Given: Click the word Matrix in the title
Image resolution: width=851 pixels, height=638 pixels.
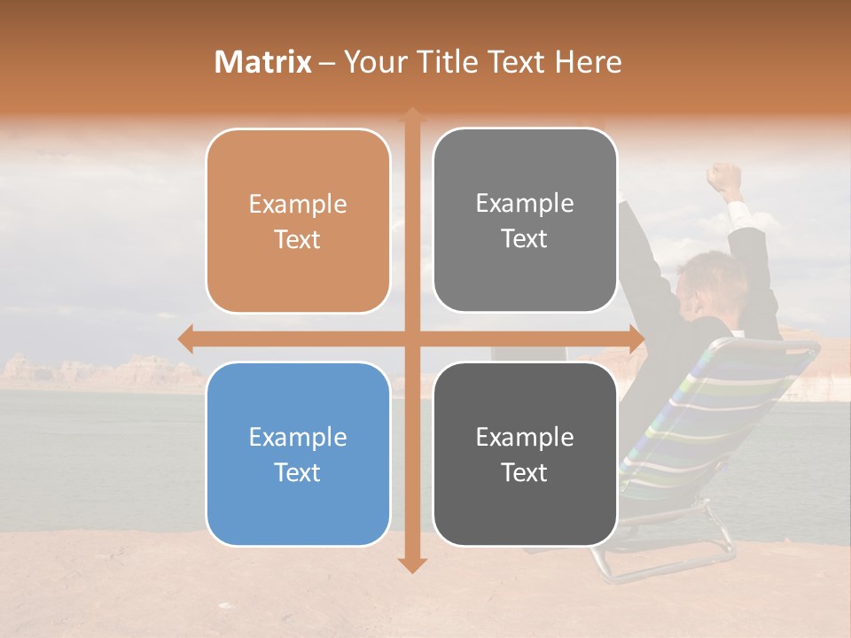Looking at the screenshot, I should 263,62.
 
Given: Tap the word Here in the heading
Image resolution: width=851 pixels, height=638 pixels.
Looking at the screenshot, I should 588,62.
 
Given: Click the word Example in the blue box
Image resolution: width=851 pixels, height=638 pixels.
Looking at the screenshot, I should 298,438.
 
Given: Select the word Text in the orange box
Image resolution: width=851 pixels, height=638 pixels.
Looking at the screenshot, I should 298,240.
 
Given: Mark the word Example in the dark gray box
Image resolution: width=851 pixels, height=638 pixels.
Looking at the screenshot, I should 525,437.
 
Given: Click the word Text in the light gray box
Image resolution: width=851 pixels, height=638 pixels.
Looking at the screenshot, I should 525,239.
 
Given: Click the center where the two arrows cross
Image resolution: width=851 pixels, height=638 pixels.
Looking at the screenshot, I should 411,339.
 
